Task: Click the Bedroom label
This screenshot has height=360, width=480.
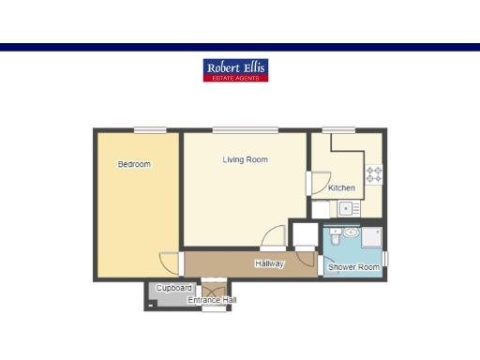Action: click(134, 164)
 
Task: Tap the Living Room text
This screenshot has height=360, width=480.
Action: click(245, 159)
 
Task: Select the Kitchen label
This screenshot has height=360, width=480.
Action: click(341, 188)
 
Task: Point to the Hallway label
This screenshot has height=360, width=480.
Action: click(269, 263)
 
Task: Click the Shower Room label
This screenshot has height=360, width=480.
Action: click(353, 268)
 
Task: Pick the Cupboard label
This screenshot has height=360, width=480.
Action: click(173, 288)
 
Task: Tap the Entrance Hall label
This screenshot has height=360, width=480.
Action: click(212, 300)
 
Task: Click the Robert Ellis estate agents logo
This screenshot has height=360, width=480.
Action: click(235, 69)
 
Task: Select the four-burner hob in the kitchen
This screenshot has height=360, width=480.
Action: click(373, 173)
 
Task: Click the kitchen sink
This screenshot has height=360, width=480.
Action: click(346, 208)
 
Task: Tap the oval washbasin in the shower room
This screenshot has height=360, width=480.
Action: click(350, 231)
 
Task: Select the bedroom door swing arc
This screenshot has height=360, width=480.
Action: click(169, 262)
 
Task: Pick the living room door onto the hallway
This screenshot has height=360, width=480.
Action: click(274, 237)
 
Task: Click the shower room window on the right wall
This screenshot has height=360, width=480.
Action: click(385, 258)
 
